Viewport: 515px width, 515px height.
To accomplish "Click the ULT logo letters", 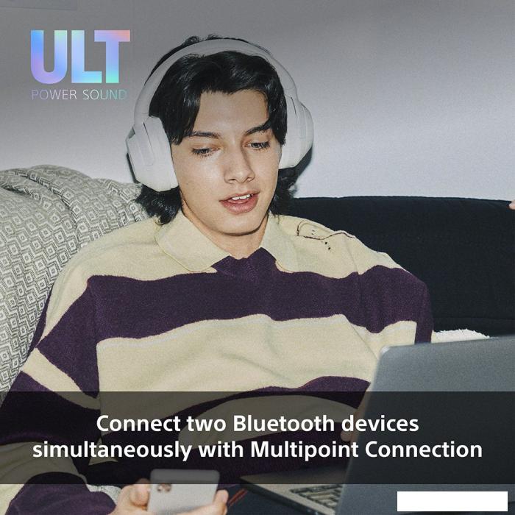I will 80,57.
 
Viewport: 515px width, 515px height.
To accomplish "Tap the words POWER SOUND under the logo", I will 79,95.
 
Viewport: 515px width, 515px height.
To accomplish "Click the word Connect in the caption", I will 137,424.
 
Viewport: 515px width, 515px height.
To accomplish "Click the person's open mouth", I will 240,200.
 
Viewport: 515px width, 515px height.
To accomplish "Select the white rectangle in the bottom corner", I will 452,502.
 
